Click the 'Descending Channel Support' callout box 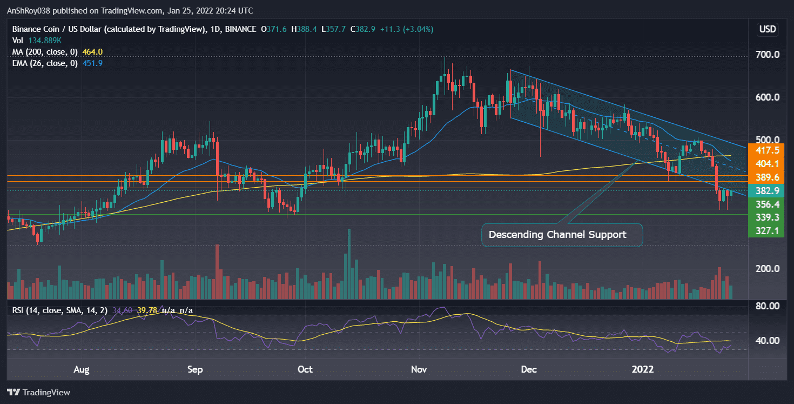pyautogui.click(x=557, y=235)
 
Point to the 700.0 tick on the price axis pyautogui.click(x=767, y=55)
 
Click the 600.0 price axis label pyautogui.click(x=767, y=97)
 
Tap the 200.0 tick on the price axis pyautogui.click(x=767, y=269)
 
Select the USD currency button pyautogui.click(x=767, y=29)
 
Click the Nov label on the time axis pyautogui.click(x=419, y=369)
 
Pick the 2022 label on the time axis pyautogui.click(x=643, y=369)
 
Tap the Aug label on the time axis pyautogui.click(x=81, y=369)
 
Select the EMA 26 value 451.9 pyautogui.click(x=93, y=63)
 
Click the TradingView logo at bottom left pyautogui.click(x=39, y=392)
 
